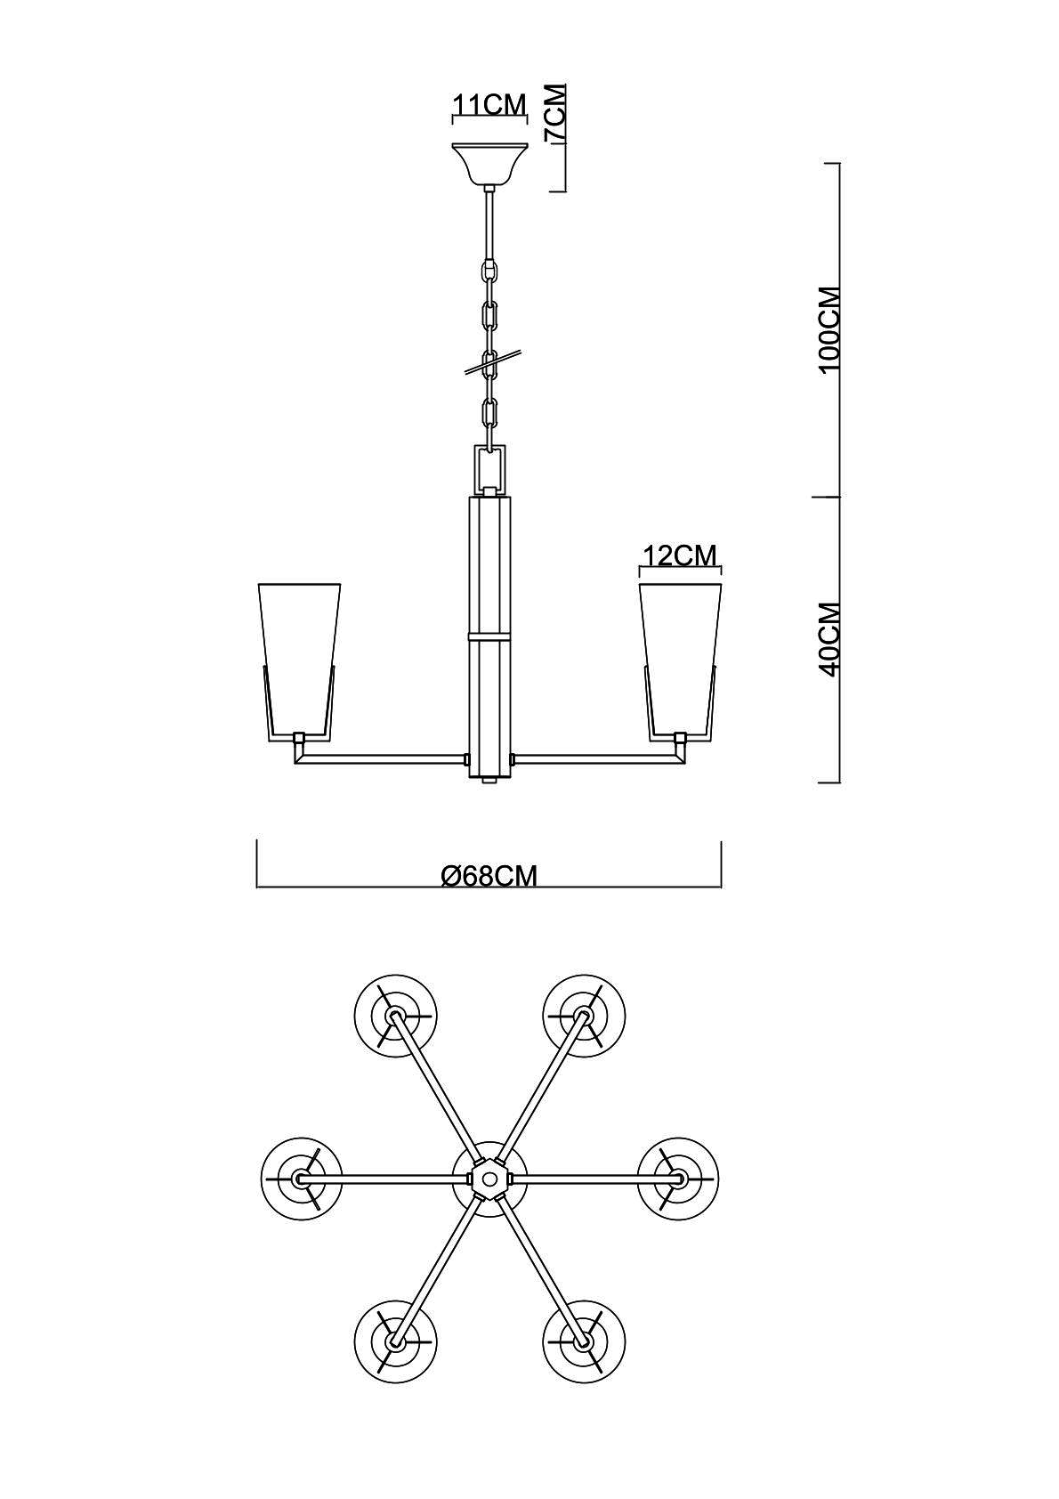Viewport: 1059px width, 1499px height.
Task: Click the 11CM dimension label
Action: (490, 104)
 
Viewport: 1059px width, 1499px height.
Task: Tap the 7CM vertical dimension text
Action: (555, 112)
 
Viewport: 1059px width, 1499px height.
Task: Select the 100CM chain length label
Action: (830, 330)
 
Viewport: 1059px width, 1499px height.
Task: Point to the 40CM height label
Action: (830, 639)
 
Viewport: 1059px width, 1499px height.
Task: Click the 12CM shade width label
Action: (680, 555)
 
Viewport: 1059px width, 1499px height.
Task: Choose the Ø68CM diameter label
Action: (489, 875)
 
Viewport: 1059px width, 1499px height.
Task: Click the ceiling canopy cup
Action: (490, 164)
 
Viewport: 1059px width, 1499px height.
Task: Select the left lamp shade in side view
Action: (300, 661)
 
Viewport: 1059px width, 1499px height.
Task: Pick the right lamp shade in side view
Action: (681, 661)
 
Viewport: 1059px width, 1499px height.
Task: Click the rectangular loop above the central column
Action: (490, 468)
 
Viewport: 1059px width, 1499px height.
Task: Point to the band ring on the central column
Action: (490, 634)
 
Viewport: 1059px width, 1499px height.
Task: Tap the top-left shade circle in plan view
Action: (395, 1016)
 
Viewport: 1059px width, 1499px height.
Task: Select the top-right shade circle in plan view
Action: (584, 1016)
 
